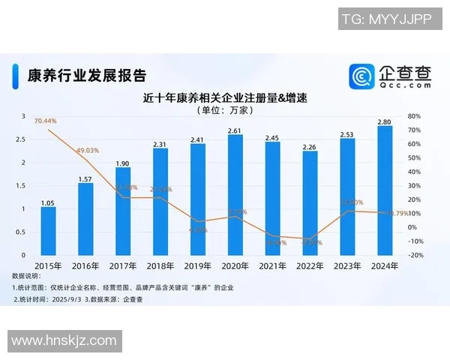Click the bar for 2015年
[x=48, y=230]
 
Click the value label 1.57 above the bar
[x=85, y=178]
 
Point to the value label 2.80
[x=384, y=121]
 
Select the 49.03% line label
[x=88, y=151]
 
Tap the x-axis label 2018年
[x=160, y=265]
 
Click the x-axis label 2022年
[x=309, y=265]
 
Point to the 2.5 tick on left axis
[x=20, y=139]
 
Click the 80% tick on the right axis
[x=415, y=116]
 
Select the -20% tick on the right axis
[x=415, y=255]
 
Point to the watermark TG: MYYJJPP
[x=386, y=19]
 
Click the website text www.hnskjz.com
[x=63, y=341]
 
